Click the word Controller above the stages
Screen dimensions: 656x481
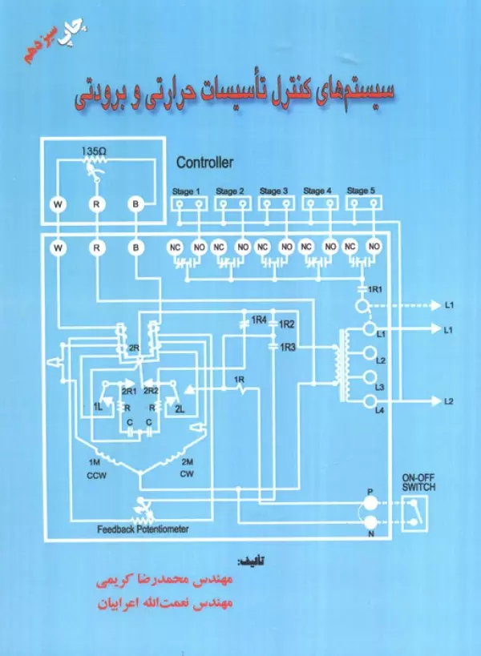pyautogui.click(x=204, y=163)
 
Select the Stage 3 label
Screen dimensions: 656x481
pyautogui.click(x=273, y=191)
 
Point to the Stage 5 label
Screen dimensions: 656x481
pyautogui.click(x=361, y=191)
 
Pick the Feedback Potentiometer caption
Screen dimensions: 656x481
pyautogui.click(x=142, y=529)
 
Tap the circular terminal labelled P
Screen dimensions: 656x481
pyautogui.click(x=370, y=502)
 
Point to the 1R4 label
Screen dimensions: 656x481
pyautogui.click(x=258, y=320)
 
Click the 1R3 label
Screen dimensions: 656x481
pyautogui.click(x=288, y=346)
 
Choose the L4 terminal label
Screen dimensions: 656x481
pyautogui.click(x=381, y=411)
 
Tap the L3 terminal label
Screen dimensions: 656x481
pyautogui.click(x=381, y=387)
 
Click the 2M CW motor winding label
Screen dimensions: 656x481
pyautogui.click(x=188, y=468)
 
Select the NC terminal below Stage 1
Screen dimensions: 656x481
pyautogui.click(x=176, y=248)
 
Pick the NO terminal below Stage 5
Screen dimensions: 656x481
pyautogui.click(x=373, y=248)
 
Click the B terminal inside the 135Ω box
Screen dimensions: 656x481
pyautogui.click(x=135, y=204)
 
